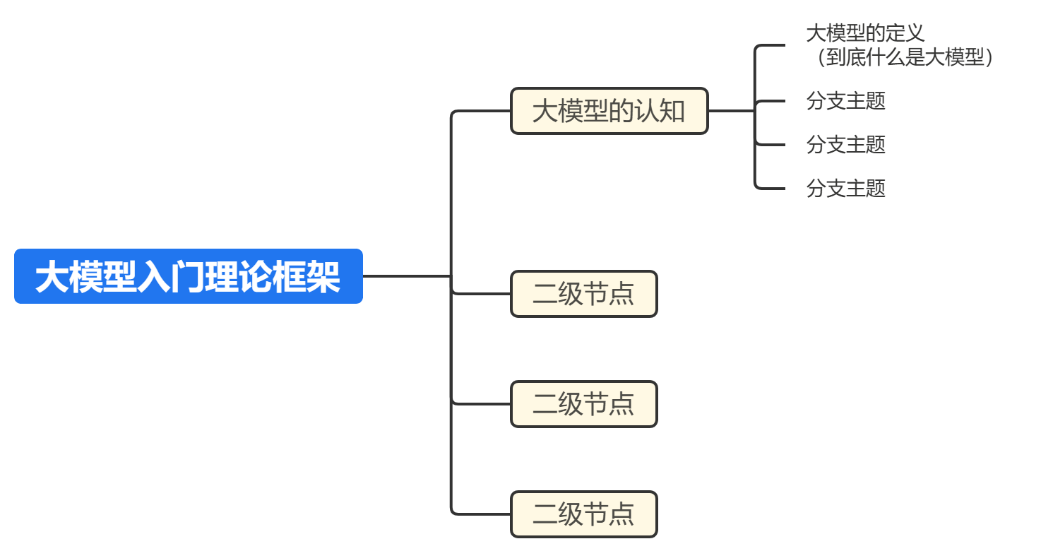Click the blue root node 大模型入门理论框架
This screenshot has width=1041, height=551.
tap(188, 276)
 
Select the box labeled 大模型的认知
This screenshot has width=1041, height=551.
tap(609, 111)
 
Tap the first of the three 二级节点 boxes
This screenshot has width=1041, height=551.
tap(583, 294)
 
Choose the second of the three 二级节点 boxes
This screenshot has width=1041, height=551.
tap(583, 404)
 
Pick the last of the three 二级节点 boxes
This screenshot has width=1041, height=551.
tap(583, 514)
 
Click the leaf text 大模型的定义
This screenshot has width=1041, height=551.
tap(865, 33)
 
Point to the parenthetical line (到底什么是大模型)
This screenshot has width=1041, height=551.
tap(903, 58)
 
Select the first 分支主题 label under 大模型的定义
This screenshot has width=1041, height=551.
tap(845, 101)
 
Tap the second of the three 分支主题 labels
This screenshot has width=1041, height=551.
tap(845, 145)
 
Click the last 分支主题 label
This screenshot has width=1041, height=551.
tap(845, 189)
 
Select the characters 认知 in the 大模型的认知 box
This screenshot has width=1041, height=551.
tap(660, 111)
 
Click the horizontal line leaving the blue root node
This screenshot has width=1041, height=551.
tap(406, 276)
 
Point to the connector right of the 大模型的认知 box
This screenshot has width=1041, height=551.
tap(730, 111)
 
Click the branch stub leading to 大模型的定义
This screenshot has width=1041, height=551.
tap(770, 45)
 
